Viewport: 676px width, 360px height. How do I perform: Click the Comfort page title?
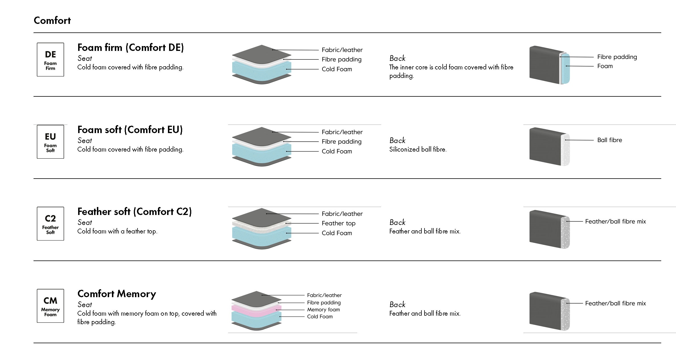point(52,20)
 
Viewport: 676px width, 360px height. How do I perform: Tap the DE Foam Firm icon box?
point(50,60)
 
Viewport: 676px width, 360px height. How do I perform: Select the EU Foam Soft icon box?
point(50,142)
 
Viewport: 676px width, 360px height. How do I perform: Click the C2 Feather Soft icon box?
point(50,224)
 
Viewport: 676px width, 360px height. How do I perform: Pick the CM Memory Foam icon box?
point(50,306)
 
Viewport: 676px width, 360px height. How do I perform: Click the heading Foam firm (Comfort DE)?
point(130,47)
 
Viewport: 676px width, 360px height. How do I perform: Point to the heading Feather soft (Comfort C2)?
point(134,212)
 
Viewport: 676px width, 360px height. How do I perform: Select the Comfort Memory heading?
point(117,294)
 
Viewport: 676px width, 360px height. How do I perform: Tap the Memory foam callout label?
point(323,310)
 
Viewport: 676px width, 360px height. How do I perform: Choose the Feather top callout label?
point(338,223)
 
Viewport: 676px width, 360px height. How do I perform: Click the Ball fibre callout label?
point(610,140)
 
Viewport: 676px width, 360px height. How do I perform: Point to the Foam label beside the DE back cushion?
point(605,66)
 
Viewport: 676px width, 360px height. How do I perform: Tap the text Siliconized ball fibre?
point(418,149)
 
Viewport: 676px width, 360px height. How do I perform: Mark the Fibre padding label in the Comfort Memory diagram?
point(324,303)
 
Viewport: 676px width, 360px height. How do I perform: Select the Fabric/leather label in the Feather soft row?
point(342,214)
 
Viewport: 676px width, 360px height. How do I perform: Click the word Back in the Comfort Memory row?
point(397,305)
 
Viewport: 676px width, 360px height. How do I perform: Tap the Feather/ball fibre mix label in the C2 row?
point(615,222)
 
